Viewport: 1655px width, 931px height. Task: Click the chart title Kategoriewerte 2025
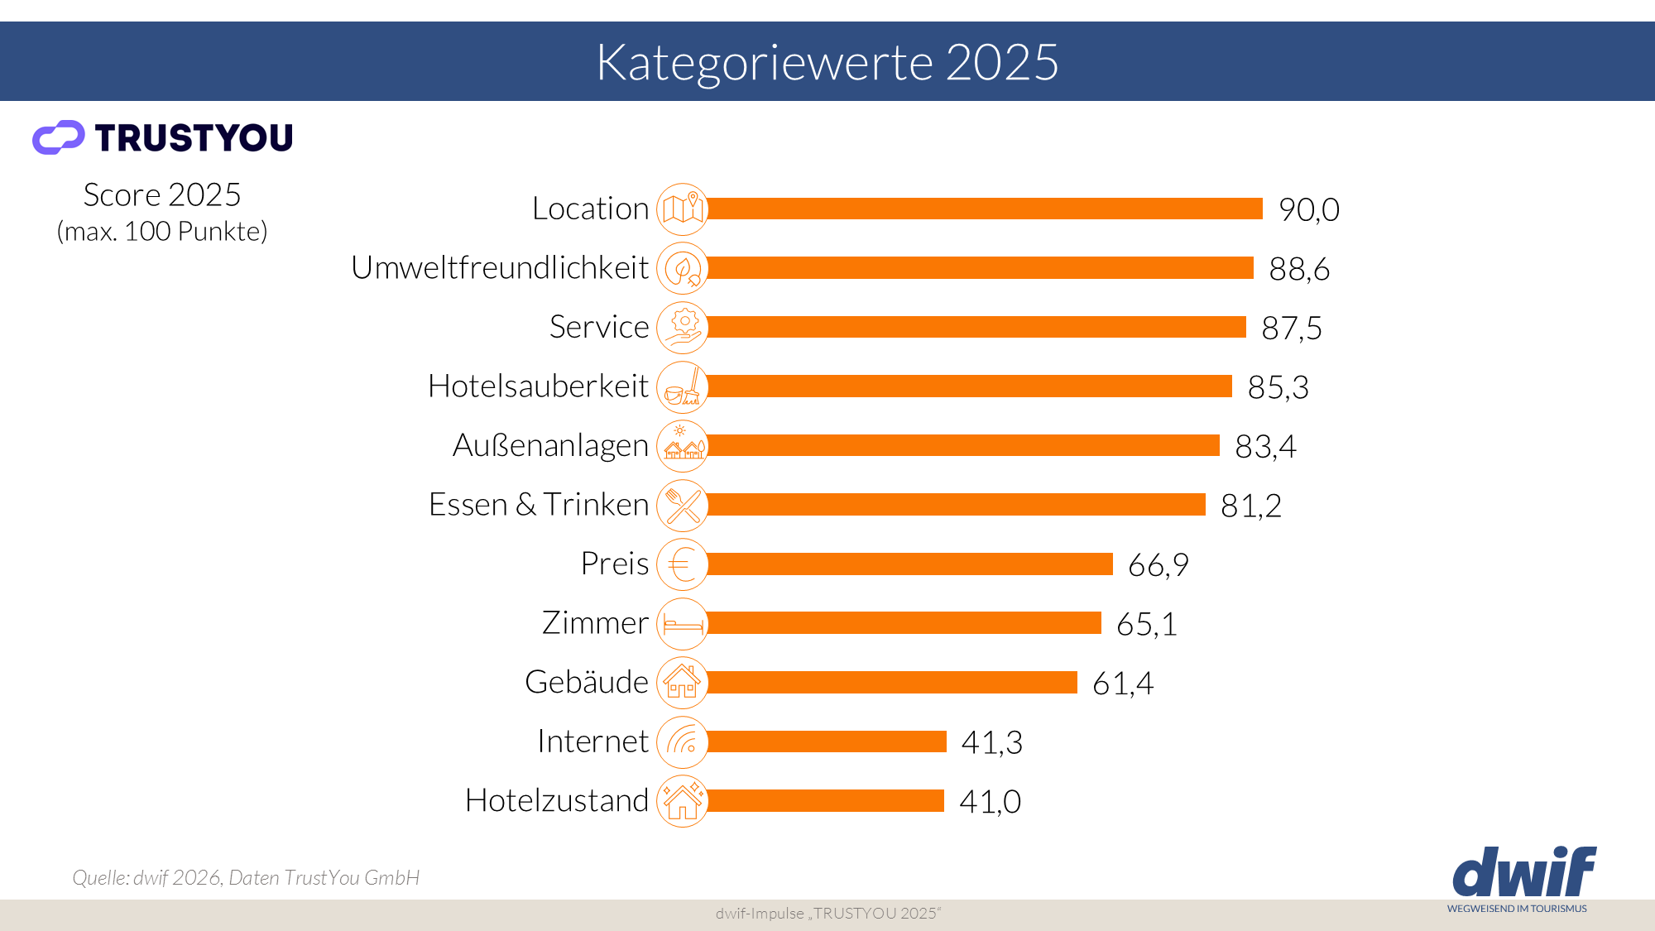coord(827,62)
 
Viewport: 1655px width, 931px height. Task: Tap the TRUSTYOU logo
coord(163,137)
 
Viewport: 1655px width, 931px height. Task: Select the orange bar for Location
coord(985,209)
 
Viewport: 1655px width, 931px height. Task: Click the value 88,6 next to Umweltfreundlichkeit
coord(1298,269)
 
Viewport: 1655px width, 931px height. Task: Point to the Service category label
coord(599,327)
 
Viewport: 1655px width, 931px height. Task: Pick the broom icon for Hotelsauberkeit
coord(683,387)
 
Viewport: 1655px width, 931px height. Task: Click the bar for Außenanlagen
coord(963,446)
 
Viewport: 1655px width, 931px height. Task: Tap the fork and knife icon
coord(683,506)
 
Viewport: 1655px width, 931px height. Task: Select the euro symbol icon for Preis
coord(683,565)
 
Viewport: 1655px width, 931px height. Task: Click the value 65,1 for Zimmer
coord(1146,624)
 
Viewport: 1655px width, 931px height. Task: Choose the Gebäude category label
coord(587,682)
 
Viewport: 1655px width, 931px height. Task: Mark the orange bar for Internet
coord(827,741)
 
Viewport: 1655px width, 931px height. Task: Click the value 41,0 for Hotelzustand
coord(990,802)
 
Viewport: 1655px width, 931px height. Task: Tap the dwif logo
coord(1523,873)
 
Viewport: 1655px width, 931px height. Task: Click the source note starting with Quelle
coord(246,877)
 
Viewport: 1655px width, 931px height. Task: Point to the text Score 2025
coord(162,195)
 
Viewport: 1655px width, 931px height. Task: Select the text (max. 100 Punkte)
coord(162,232)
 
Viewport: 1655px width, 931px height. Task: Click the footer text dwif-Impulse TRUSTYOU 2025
coord(827,914)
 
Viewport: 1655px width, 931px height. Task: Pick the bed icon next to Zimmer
coord(683,624)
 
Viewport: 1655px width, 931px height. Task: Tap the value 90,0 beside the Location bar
coord(1308,209)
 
